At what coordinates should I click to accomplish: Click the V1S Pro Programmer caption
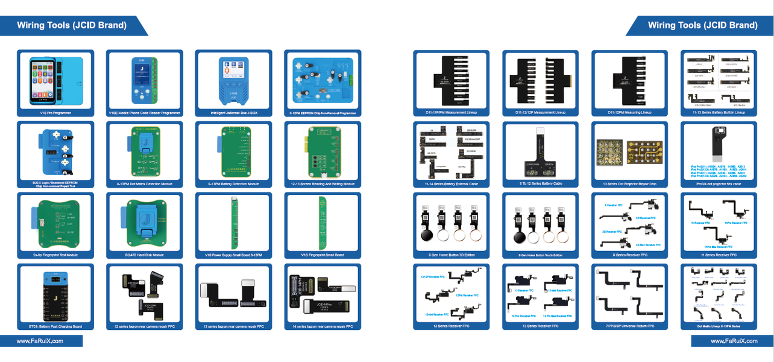pyautogui.click(x=55, y=113)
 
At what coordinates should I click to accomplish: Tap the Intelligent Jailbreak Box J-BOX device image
pyautogui.click(x=233, y=80)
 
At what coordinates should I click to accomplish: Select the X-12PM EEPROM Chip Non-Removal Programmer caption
pyautogui.click(x=322, y=113)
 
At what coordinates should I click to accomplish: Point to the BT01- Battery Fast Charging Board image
pyautogui.click(x=55, y=294)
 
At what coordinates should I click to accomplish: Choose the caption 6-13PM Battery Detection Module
pyautogui.click(x=233, y=183)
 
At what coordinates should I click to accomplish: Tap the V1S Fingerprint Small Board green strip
pyautogui.click(x=323, y=220)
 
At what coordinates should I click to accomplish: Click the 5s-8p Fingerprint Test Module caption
pyautogui.click(x=55, y=255)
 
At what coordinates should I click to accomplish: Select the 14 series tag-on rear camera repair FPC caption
pyautogui.click(x=322, y=326)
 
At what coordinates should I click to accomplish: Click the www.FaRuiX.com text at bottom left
pyautogui.click(x=40, y=341)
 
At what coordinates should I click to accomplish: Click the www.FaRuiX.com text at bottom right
pyautogui.click(x=732, y=341)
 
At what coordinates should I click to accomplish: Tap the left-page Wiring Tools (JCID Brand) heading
pyautogui.click(x=72, y=25)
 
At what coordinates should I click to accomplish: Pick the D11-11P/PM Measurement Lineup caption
pyautogui.click(x=450, y=113)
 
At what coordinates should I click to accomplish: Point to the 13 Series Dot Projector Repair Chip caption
pyautogui.click(x=629, y=183)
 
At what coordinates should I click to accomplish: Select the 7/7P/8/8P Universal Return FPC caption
pyautogui.click(x=629, y=326)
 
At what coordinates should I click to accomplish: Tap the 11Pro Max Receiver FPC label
pyautogui.click(x=718, y=246)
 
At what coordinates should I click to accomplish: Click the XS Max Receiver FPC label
pyautogui.click(x=647, y=244)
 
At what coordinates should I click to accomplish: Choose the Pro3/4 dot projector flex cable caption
pyautogui.click(x=718, y=183)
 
